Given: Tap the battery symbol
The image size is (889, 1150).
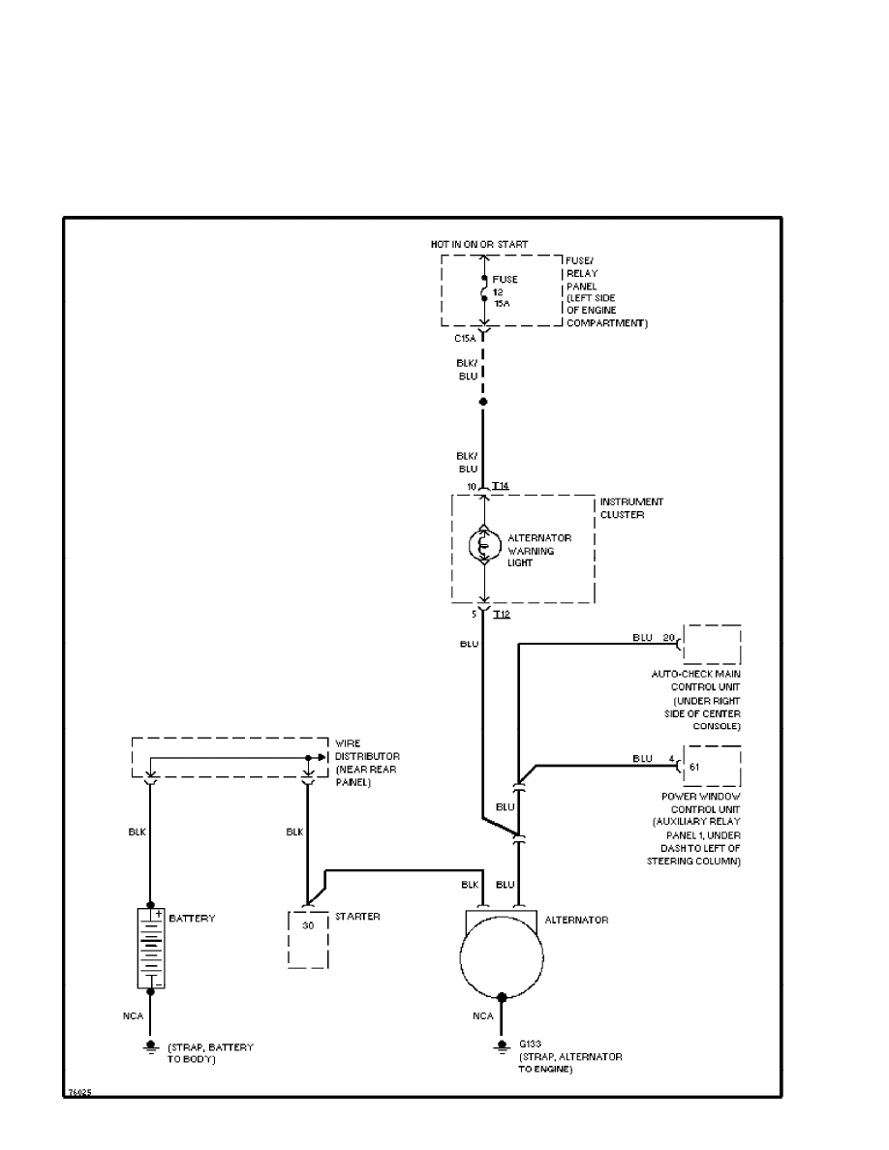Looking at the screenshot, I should coord(150,948).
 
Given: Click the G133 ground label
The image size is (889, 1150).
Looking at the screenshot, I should coord(530,1044).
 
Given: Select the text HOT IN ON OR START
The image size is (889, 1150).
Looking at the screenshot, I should coord(480,244).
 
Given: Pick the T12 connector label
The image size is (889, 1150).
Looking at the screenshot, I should coord(501,614).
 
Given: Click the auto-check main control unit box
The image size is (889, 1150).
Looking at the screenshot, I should coord(712,645).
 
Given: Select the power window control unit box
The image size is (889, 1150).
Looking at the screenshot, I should coord(712,766).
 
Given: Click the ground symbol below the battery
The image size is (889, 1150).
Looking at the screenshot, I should coord(150,1047).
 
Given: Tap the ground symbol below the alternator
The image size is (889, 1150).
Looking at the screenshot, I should coord(503,1047).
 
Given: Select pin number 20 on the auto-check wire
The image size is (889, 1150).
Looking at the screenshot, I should coord(668,638).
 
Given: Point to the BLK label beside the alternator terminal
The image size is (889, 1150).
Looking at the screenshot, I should coord(470,884).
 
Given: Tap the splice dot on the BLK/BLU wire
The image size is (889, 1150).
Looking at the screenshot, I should coord(484,401).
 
